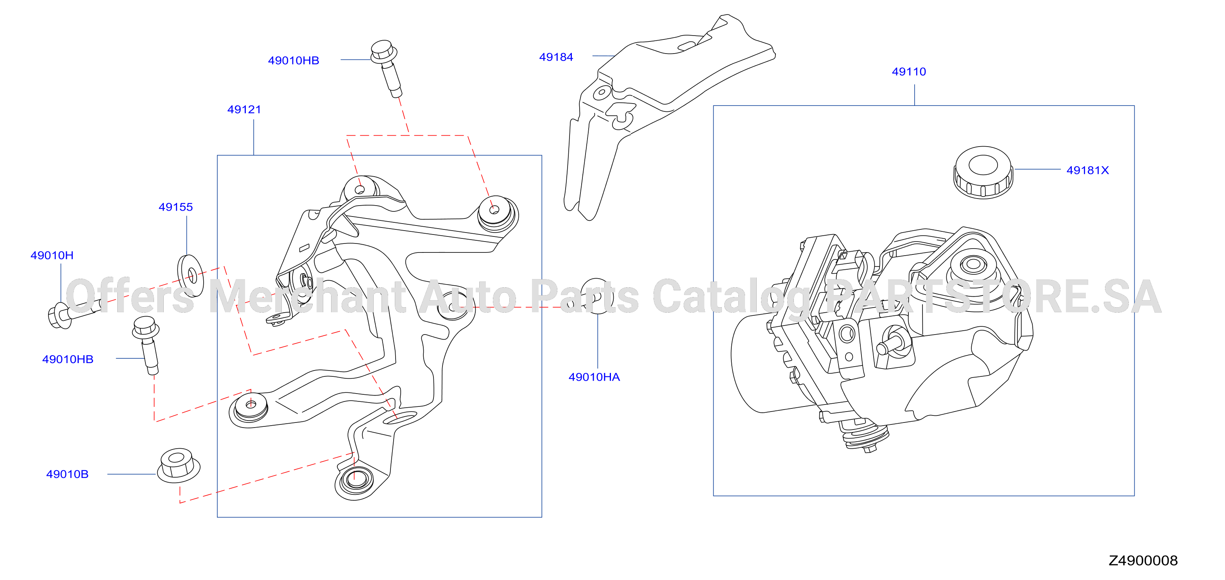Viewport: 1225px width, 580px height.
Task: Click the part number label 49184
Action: pyautogui.click(x=556, y=57)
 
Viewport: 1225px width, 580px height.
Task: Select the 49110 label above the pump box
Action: pyautogui.click(x=909, y=72)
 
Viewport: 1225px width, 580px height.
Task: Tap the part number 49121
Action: pyautogui.click(x=244, y=109)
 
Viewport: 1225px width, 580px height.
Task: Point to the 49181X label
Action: pyautogui.click(x=1087, y=170)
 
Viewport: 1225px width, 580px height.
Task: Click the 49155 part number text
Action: pyautogui.click(x=176, y=207)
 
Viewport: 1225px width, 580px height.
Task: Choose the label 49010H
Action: pyautogui.click(x=52, y=255)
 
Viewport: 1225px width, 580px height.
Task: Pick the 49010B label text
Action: pyautogui.click(x=67, y=474)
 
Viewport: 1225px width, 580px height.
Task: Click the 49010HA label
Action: pyautogui.click(x=594, y=377)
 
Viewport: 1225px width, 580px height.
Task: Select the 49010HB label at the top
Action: pyautogui.click(x=294, y=60)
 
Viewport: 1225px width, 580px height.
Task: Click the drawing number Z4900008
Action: pyautogui.click(x=1143, y=560)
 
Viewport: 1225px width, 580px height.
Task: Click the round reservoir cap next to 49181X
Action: pyautogui.click(x=983, y=173)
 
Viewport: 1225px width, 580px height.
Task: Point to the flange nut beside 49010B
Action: pyautogui.click(x=178, y=465)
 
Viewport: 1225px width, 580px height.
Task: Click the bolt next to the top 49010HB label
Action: pyautogui.click(x=387, y=69)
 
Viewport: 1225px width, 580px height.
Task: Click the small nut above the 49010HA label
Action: pyautogui.click(x=596, y=296)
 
